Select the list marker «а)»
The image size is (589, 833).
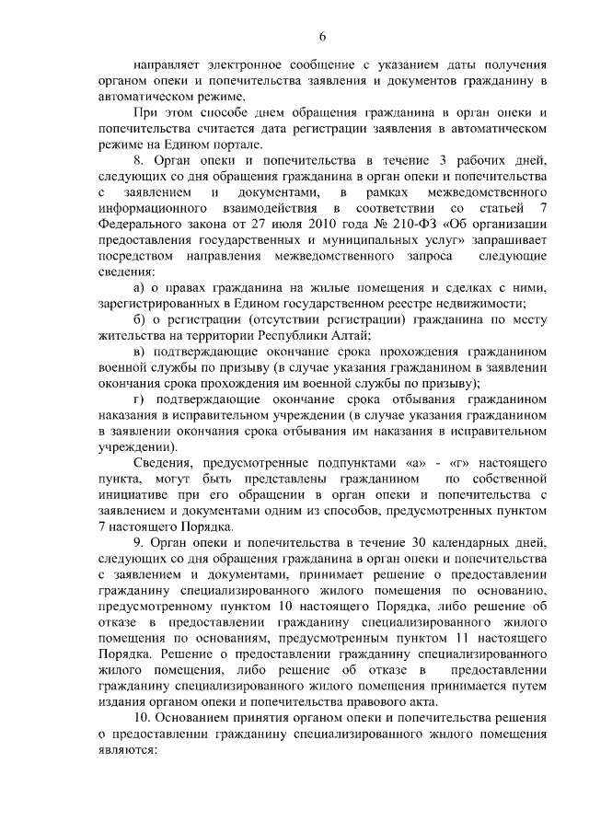[139, 288]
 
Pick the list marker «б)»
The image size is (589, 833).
[139, 320]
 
